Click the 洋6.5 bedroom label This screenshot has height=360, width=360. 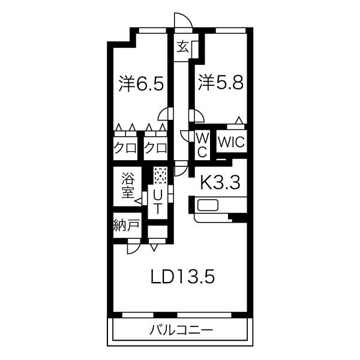[x=141, y=83]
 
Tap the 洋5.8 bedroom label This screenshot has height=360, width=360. [x=221, y=82]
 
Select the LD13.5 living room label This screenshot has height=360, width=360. [x=182, y=276]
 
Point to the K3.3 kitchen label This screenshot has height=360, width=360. [x=220, y=182]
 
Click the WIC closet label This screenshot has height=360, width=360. [x=231, y=142]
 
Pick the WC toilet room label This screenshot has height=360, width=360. [x=203, y=145]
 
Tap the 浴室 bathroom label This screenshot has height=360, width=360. [x=128, y=185]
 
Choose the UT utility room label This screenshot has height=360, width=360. [x=157, y=202]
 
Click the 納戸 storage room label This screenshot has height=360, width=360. [x=127, y=225]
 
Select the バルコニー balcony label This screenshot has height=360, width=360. [x=181, y=331]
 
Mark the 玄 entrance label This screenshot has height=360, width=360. [x=183, y=47]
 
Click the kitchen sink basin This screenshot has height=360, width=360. [x=208, y=205]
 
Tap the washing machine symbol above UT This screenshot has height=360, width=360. [x=160, y=176]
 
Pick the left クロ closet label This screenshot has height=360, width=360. [x=125, y=148]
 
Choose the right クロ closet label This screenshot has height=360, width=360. [x=155, y=148]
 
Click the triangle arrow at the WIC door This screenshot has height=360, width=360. [x=239, y=120]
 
